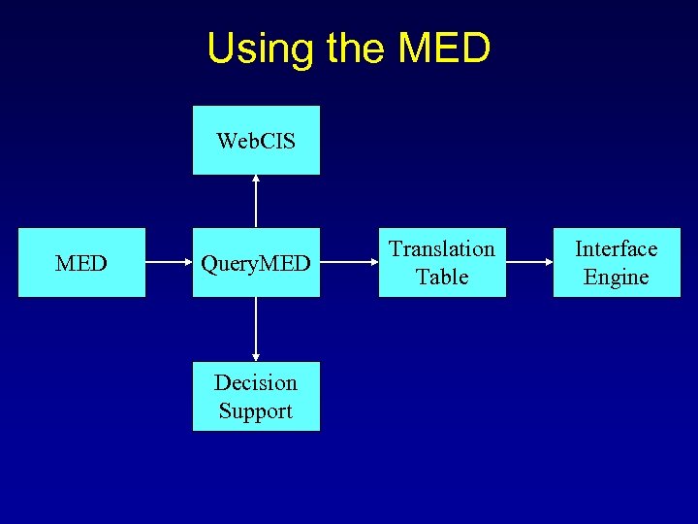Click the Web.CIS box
pos(256,141)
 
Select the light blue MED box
pos(81,263)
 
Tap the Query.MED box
pos(256,263)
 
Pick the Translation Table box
pos(442,263)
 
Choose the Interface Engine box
pos(617,263)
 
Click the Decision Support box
pos(256,396)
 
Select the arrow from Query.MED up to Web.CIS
pos(256,202)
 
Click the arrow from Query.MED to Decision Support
pos(256,329)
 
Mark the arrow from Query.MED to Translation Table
pos(349,263)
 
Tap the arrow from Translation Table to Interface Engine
pos(529,263)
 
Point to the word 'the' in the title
pos(358,49)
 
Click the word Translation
pos(442,249)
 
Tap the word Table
pos(442,278)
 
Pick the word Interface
pos(617,249)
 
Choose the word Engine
pos(617,278)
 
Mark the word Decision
pos(256,382)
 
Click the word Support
pos(256,411)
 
